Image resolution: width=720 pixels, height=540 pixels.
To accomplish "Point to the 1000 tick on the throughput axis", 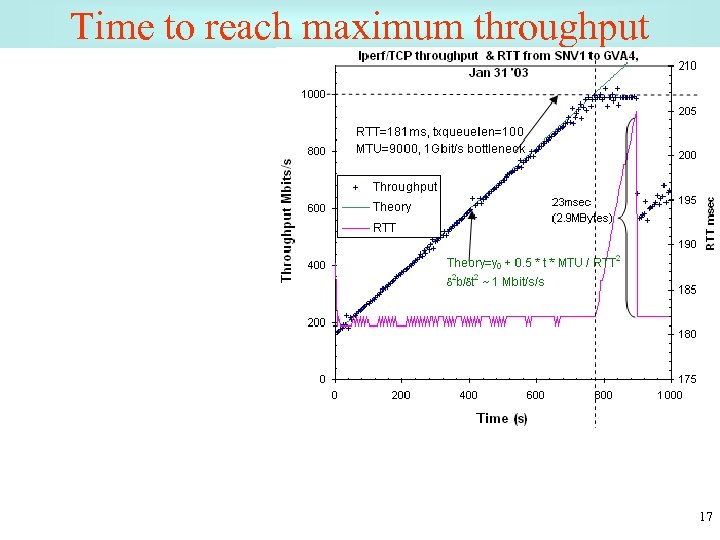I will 313,94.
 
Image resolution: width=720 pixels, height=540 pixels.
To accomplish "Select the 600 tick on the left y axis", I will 316,208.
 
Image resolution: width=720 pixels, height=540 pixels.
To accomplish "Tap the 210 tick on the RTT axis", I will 687,66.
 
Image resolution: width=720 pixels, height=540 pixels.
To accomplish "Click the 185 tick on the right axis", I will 687,289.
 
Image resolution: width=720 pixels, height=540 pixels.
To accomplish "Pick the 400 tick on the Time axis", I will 468,395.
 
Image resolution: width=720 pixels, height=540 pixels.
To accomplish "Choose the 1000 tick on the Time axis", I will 669,395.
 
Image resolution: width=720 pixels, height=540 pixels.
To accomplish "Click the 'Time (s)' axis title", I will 502,418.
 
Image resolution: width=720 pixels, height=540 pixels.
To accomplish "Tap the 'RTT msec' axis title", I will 710,222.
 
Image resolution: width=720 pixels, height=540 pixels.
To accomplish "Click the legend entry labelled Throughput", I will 404,187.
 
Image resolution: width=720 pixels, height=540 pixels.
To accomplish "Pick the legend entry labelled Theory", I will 391,207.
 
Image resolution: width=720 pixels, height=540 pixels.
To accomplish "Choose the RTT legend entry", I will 384,228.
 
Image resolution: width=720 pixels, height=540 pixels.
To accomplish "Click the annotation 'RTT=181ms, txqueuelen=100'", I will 440,132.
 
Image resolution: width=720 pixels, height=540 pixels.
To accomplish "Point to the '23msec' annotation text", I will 572,202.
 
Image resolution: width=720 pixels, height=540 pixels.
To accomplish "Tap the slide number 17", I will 706,517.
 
